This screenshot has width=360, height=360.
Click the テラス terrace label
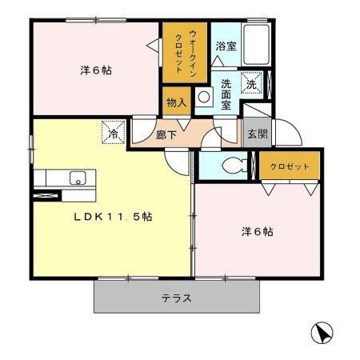[176, 298]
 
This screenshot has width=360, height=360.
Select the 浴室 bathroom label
[226, 47]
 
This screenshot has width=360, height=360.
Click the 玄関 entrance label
[257, 134]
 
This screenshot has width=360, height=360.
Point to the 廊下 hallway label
[166, 135]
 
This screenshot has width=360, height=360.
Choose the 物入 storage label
[177, 102]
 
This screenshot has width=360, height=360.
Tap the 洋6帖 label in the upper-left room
[95, 70]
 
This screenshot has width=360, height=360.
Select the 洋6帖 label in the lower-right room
[258, 232]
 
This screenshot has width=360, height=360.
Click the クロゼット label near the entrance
[289, 167]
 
